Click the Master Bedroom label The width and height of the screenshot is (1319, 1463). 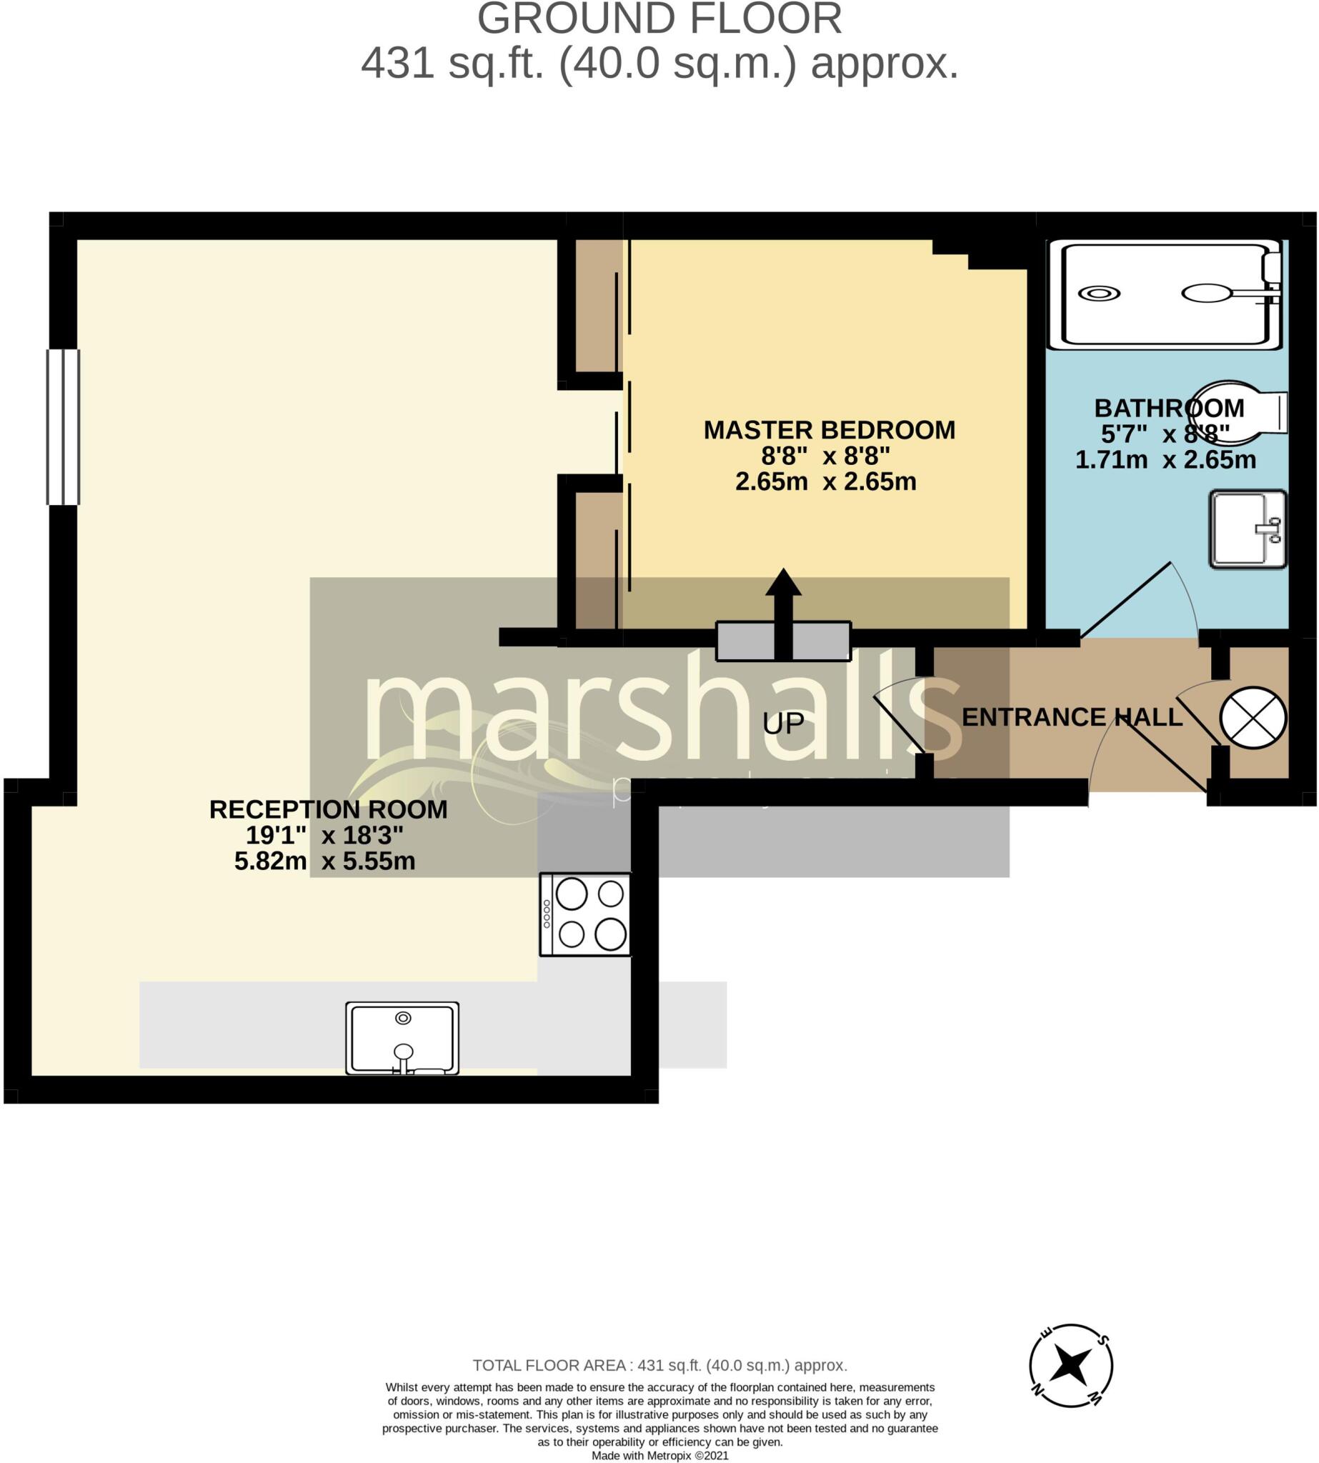(829, 430)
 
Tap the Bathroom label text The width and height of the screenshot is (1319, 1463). (1168, 408)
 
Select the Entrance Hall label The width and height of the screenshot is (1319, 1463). (1071, 716)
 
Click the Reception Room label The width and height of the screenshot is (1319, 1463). (327, 809)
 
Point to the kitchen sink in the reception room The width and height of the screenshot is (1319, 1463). (402, 1038)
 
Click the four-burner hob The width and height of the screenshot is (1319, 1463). (586, 914)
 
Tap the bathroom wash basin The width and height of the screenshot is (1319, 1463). (1248, 529)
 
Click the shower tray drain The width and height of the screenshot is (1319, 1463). (1099, 294)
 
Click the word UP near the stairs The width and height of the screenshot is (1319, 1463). (783, 723)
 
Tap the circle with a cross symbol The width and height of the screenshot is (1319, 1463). (1253, 717)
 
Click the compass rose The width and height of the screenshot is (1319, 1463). (1070, 1366)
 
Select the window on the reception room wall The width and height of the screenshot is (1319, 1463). (63, 426)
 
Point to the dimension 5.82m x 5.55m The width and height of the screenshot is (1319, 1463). (324, 861)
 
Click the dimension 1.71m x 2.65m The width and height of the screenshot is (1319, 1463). (1165, 459)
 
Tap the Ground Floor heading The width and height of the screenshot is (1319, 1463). (659, 19)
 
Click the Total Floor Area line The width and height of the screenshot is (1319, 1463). (659, 1365)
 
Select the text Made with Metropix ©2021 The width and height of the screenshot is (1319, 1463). (659, 1455)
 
